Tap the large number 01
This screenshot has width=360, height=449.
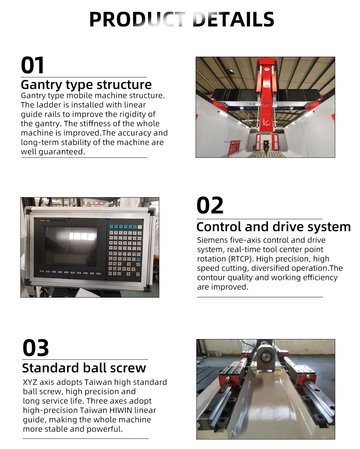[x=33, y=65]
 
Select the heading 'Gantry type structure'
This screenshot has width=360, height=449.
[x=86, y=85]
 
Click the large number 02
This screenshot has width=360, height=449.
[x=210, y=206]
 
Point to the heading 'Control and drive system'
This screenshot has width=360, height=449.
[x=273, y=227]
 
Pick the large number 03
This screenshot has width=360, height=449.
[x=36, y=348]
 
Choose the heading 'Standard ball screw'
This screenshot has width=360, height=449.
[x=84, y=368]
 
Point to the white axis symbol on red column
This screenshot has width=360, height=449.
[x=266, y=122]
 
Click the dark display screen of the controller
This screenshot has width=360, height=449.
[x=71, y=246]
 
